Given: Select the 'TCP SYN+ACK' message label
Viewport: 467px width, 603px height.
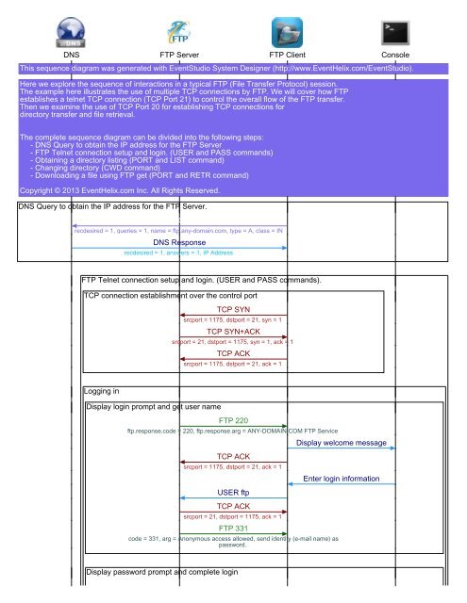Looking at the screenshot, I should point(233,331).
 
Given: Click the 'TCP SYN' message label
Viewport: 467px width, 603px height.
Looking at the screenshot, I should point(233,309).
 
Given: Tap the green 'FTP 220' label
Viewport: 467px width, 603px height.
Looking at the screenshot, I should point(233,420).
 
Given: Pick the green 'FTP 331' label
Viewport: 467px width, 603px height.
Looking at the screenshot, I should point(233,529).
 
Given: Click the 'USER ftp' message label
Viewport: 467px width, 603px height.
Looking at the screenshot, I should point(233,493).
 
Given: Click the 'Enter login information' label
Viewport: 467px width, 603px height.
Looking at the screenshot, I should point(347,479).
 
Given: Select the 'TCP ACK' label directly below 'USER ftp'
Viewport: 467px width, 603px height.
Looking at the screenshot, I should point(233,507).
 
